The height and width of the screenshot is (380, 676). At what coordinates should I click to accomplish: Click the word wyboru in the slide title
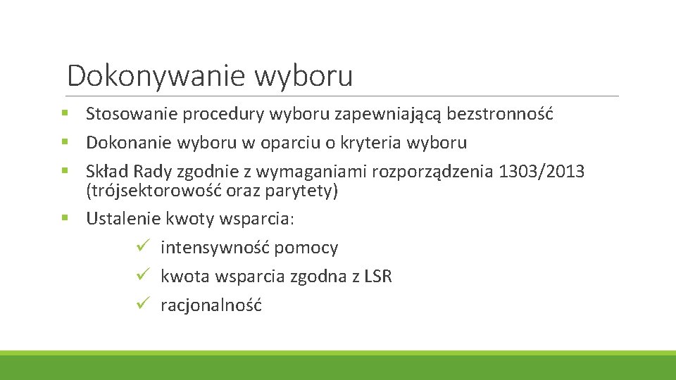[x=303, y=76]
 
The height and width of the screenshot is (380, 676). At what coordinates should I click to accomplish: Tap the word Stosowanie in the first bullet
[x=132, y=114]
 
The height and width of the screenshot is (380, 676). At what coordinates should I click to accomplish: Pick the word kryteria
[x=373, y=143]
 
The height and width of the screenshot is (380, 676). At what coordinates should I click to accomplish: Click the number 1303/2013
[x=541, y=172]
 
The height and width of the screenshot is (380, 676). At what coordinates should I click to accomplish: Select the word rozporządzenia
[x=435, y=172]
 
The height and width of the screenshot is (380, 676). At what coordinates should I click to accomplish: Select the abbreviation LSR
[x=378, y=277]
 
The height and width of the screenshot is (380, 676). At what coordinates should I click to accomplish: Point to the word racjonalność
[x=211, y=305]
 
